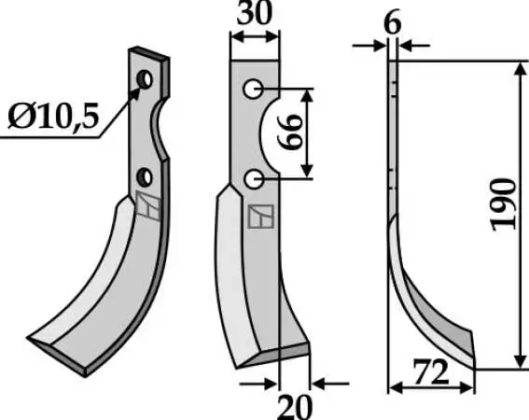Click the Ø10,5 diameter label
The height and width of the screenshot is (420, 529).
click(53, 116)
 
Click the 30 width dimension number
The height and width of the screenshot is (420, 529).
click(254, 14)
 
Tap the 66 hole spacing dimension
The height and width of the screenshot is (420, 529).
click(288, 132)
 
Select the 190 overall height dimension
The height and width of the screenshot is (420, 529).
click(504, 205)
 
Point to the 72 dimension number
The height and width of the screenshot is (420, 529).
click(431, 372)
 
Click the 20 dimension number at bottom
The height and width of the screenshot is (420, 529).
click(294, 407)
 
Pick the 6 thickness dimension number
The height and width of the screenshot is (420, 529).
click(393, 23)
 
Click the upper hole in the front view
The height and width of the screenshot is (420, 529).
click(253, 90)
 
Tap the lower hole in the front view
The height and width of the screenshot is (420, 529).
click(254, 179)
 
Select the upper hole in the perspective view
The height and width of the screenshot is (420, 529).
click(145, 79)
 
